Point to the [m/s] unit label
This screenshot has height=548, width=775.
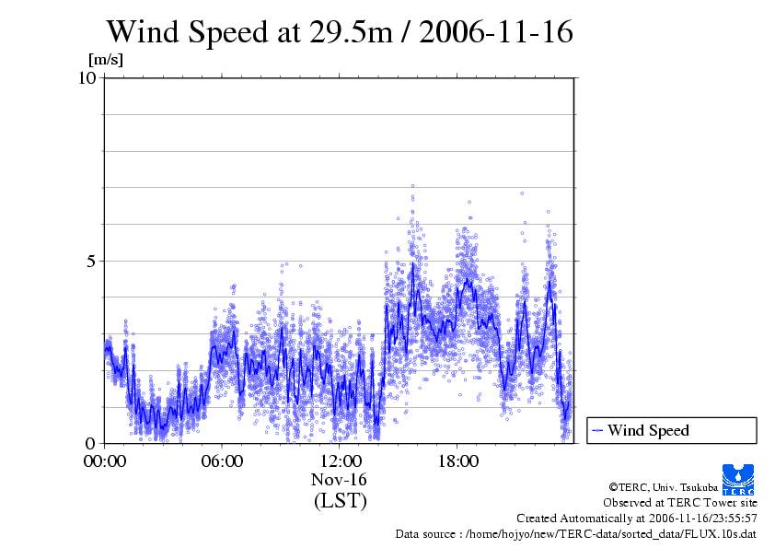(105, 61)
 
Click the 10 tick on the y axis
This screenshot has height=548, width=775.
(88, 78)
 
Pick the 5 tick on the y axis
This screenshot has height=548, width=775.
(93, 261)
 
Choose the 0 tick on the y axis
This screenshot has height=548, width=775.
(93, 443)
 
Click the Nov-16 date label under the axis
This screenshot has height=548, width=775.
(340, 480)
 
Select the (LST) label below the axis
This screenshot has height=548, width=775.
(340, 501)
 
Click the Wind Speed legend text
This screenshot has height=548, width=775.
(648, 430)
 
